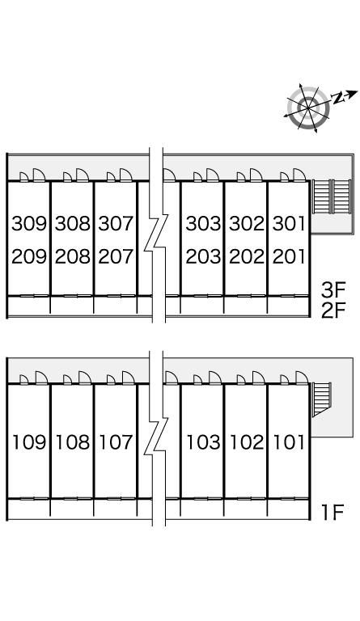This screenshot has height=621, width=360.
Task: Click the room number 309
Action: click(29, 224)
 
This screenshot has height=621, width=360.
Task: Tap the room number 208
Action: click(73, 256)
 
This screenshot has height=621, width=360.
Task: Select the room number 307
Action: click(116, 224)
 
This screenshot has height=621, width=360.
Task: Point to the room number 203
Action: click(203, 256)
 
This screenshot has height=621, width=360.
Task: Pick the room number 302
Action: click(246, 224)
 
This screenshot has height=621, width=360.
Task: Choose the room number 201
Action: click(289, 256)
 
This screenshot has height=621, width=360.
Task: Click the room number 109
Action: click(29, 442)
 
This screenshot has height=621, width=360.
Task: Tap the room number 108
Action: click(73, 442)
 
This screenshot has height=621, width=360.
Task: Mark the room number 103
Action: click(203, 442)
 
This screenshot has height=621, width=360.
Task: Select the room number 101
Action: click(289, 442)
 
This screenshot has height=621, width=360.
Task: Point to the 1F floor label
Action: click(332, 513)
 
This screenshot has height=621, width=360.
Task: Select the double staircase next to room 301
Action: click(332, 196)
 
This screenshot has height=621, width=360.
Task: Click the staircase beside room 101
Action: click(321, 399)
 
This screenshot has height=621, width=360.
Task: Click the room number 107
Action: click(116, 442)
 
